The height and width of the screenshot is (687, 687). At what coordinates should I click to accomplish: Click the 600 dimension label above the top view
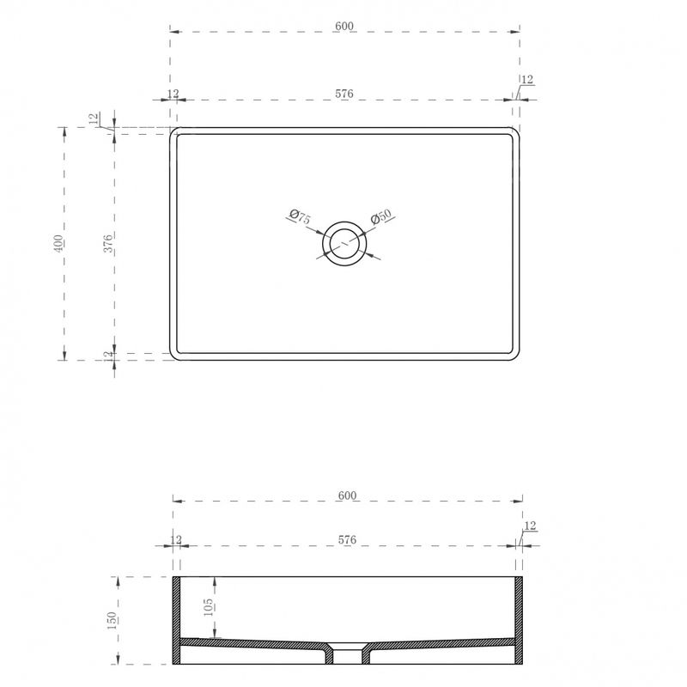(344, 27)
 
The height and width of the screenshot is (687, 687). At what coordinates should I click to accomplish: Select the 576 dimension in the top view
(344, 94)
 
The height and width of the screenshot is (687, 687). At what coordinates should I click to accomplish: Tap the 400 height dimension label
(58, 244)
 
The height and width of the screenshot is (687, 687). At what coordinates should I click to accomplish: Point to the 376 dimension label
(108, 244)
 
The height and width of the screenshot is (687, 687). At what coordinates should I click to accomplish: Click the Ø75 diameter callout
(300, 216)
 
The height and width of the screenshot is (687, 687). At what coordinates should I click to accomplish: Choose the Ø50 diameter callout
(380, 217)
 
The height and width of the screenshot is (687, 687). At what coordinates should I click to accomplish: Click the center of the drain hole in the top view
(344, 243)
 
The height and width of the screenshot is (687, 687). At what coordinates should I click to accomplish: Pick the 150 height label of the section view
(112, 620)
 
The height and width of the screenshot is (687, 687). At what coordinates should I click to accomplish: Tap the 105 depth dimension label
(209, 607)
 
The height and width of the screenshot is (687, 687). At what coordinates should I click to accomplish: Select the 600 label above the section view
(347, 495)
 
